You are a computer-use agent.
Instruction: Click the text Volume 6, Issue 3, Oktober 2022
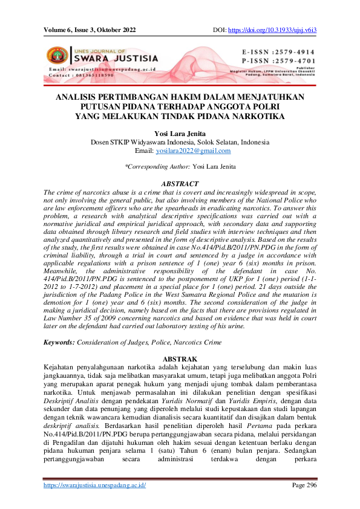point(90,30)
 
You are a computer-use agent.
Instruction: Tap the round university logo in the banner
point(58,57)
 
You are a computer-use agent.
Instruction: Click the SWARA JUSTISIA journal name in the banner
point(116,59)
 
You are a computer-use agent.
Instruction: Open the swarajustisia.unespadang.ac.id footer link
point(95,485)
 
